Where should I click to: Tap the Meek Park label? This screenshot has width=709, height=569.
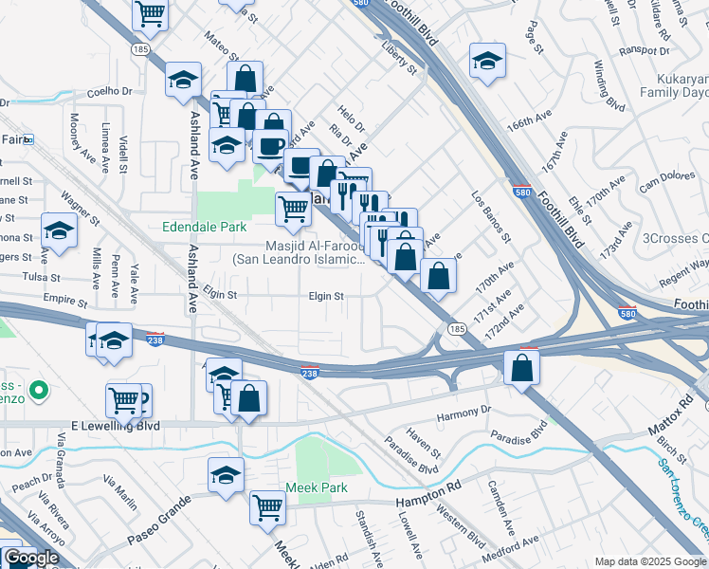(317, 487)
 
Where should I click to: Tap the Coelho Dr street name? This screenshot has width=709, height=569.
(109, 91)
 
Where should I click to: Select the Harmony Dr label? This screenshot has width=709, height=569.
(463, 412)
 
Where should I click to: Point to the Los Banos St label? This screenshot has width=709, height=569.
(492, 217)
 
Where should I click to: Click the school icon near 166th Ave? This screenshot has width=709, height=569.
(487, 62)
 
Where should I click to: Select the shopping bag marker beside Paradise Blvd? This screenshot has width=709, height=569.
(521, 368)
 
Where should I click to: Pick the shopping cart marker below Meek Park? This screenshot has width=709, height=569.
(268, 507)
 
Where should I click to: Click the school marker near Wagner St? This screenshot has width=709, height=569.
(59, 231)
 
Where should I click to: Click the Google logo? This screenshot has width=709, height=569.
(31, 558)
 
